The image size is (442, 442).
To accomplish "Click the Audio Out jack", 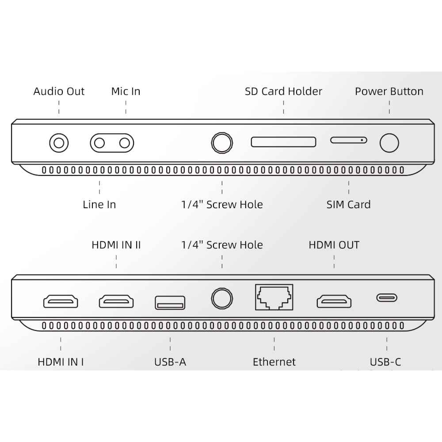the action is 59,143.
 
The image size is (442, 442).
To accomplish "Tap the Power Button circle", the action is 389,143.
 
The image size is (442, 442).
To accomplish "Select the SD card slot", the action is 283,142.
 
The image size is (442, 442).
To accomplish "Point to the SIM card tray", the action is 349,140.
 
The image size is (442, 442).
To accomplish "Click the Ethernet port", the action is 274,297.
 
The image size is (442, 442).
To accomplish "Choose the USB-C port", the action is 387,297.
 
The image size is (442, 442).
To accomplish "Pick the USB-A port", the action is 170,303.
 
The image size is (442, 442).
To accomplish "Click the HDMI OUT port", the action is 334,301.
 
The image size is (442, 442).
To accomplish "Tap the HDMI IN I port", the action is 61,301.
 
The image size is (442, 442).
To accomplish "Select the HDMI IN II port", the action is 116,301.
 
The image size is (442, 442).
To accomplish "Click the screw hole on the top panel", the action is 222,143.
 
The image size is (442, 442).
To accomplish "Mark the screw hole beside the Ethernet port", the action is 222,298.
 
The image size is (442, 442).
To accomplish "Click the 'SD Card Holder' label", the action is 283,91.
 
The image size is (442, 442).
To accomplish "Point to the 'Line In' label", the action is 99,204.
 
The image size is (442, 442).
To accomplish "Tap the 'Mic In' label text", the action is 126,91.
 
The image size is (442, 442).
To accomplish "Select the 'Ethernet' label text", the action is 274,362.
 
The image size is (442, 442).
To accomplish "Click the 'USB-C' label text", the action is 385,362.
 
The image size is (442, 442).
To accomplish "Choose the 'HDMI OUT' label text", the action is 334,245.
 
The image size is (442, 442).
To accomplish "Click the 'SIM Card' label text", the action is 348,204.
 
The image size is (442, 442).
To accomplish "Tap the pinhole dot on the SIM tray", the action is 362,140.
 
